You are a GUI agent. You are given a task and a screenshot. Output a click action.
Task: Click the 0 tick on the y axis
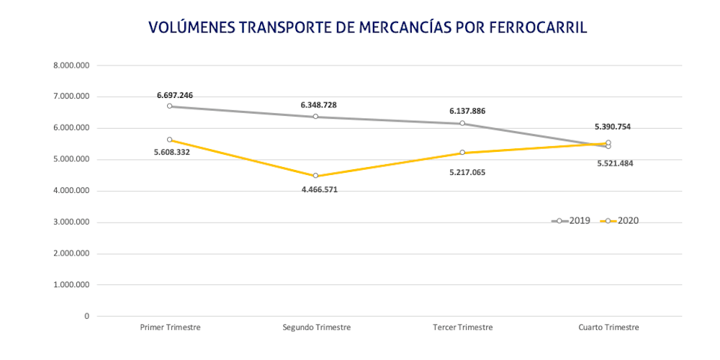(x=86, y=316)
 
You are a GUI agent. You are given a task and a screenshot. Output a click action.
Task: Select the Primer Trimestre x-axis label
(x=170, y=327)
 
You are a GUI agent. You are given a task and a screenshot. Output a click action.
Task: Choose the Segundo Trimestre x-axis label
(x=316, y=327)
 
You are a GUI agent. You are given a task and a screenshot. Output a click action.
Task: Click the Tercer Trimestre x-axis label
(x=463, y=327)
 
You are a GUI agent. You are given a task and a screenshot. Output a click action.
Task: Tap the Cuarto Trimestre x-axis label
(x=608, y=327)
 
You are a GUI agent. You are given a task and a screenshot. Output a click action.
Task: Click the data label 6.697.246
(x=175, y=95)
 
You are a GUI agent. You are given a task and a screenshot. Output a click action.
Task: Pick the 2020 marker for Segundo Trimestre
(x=316, y=176)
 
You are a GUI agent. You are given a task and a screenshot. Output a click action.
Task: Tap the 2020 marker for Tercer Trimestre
(x=462, y=153)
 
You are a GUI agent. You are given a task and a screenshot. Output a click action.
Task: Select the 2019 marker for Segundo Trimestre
(x=316, y=117)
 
